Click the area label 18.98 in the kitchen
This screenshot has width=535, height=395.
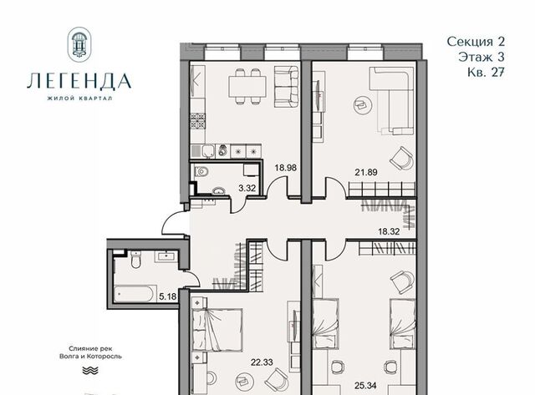(286, 168)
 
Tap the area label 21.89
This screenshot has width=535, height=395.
(366, 172)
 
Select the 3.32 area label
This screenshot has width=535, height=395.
(247, 188)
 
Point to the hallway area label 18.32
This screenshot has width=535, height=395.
(389, 231)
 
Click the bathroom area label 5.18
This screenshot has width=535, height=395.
(167, 296)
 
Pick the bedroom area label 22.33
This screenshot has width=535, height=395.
(262, 362)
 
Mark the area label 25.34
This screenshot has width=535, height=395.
(364, 386)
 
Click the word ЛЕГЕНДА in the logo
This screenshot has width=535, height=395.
(79, 81)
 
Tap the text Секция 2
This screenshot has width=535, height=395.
(476, 42)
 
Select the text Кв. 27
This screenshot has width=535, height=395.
(486, 73)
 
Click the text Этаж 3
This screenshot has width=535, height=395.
(481, 57)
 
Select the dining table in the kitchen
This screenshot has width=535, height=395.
(247, 87)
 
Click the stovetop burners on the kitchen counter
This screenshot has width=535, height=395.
(198, 121)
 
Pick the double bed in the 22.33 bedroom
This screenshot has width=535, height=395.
(217, 330)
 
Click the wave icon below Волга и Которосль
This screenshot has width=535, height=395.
(90, 371)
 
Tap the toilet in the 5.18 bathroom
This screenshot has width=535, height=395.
(135, 259)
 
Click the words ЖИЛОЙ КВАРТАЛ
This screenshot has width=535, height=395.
(79, 99)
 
